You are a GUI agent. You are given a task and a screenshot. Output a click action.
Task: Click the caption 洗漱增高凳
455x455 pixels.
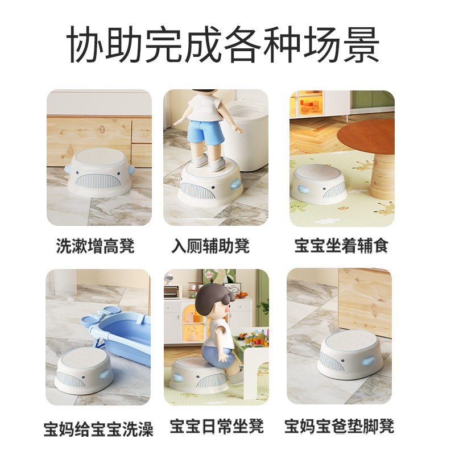click(x=96, y=246)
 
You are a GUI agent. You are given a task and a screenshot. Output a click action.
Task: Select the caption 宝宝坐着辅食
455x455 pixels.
click(x=341, y=246)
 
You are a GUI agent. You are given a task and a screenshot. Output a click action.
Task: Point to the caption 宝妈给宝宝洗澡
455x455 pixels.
click(x=98, y=428)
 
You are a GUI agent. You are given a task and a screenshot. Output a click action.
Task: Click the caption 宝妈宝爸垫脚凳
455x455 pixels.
click(x=340, y=426)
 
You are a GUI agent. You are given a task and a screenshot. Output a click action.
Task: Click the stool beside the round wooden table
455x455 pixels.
click(x=318, y=185)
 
